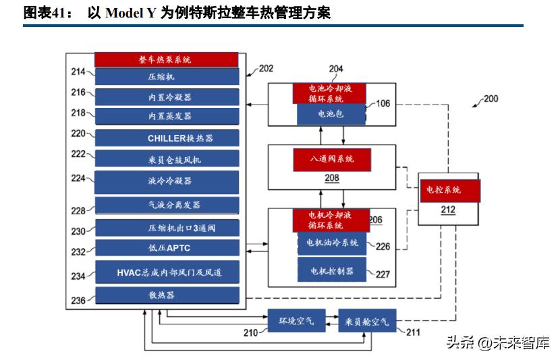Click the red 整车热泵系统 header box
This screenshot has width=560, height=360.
166,59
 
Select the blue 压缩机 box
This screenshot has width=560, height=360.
166,77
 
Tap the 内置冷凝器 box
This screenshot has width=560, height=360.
166,96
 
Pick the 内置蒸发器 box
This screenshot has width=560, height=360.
166,115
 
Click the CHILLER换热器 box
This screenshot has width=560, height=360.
166,138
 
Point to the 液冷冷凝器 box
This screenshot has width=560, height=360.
166,181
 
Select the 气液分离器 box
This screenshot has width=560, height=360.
166,204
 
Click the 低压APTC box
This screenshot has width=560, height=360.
166,247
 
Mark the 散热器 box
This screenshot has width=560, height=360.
166,295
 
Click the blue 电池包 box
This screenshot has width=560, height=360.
331,115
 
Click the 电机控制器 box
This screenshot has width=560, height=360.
331,270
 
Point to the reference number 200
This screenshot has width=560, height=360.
491,98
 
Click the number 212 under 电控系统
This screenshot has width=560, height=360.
448,210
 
